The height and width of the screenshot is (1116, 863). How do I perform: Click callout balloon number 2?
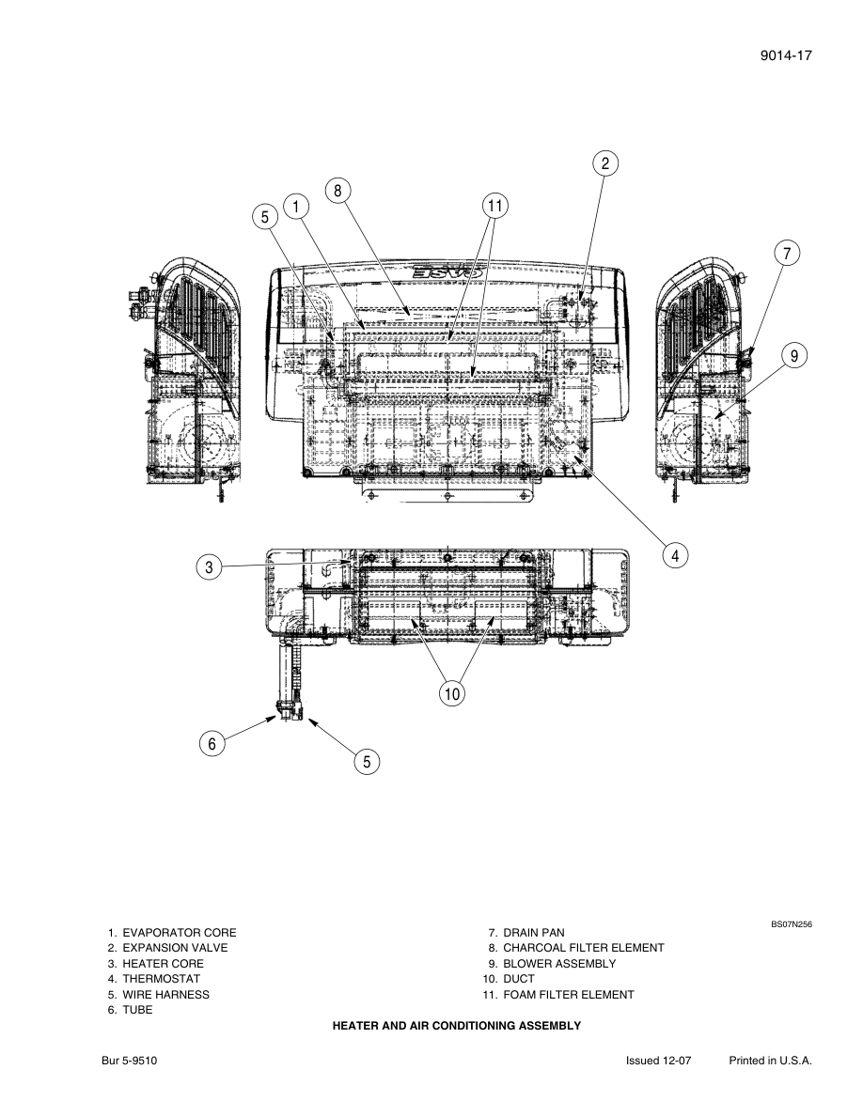[x=605, y=163]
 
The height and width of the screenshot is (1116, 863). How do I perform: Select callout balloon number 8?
[x=337, y=191]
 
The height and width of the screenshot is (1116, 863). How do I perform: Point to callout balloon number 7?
[x=787, y=253]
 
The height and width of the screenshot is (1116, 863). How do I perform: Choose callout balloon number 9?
[x=794, y=355]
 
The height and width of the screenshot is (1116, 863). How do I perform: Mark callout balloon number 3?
[x=210, y=566]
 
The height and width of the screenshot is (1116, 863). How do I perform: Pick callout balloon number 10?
[x=452, y=694]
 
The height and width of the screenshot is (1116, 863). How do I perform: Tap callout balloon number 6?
[x=212, y=744]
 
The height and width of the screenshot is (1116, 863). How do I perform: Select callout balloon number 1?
[x=296, y=206]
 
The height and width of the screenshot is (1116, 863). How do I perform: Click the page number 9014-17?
[x=785, y=55]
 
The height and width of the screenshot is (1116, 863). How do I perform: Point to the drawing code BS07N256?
[x=792, y=924]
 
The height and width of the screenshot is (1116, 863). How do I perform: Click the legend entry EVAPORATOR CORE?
[x=179, y=933]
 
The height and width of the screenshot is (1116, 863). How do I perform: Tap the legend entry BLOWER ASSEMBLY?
[x=558, y=964]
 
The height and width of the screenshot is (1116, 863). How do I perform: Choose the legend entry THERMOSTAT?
[x=161, y=979]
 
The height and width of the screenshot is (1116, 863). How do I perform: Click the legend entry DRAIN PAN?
[x=533, y=933]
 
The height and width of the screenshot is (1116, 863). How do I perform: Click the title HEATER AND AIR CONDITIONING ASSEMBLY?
[x=457, y=1027]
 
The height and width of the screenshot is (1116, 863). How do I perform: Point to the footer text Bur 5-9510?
[x=130, y=1060]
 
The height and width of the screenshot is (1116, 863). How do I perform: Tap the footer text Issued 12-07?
[x=659, y=1060]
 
